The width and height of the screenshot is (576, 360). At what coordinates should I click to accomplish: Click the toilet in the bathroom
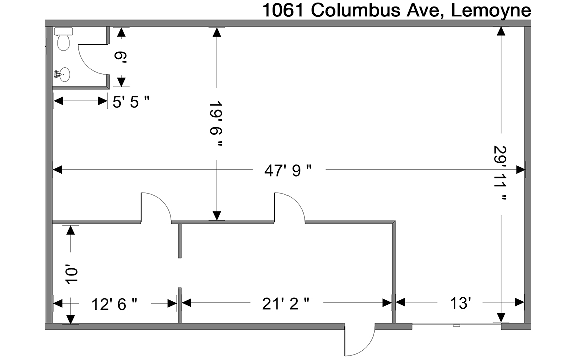63,39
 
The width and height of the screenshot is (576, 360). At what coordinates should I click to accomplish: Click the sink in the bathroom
63,75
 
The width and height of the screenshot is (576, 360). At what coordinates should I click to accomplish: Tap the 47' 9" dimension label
288,170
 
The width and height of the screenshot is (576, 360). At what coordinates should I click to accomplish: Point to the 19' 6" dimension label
216,124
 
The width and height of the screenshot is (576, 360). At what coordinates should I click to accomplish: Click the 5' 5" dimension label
131,102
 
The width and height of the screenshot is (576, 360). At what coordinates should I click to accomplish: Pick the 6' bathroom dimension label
120,56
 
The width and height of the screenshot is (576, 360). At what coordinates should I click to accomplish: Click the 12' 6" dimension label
114,304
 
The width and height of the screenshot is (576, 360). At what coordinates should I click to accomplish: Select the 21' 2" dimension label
286,304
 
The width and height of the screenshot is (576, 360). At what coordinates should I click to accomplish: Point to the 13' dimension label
461,303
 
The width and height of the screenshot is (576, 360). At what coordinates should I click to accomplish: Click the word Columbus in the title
356,10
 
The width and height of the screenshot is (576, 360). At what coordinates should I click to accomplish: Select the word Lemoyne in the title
491,11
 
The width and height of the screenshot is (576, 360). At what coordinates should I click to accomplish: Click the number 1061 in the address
282,10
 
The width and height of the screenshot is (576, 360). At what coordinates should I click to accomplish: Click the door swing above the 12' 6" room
156,208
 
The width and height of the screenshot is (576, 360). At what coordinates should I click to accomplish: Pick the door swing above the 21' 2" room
290,208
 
